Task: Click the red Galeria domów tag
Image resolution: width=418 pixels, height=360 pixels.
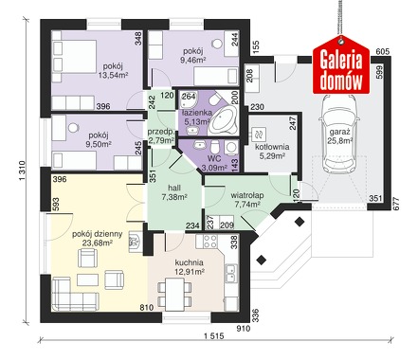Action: click(341, 65)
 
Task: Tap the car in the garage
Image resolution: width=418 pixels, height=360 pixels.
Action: click(339, 132)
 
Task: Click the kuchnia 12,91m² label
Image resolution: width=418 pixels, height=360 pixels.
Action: click(190, 266)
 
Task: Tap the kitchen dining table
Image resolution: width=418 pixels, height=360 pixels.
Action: click(174, 294)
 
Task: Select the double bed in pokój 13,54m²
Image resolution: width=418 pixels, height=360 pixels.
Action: click(74, 56)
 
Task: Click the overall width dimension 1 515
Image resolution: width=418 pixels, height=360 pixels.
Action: click(213, 335)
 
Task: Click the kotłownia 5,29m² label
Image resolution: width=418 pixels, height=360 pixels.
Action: click(272, 151)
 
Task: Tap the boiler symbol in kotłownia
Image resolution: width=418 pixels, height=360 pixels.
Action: click(259, 135)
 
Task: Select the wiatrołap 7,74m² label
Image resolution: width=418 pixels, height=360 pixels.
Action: click(247, 200)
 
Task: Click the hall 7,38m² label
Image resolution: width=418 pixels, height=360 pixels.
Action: click(174, 192)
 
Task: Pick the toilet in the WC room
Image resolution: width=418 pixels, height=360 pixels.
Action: click(215, 147)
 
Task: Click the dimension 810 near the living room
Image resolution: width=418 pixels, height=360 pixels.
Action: click(146, 307)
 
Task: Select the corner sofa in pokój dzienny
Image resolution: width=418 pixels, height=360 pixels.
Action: click(75, 294)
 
